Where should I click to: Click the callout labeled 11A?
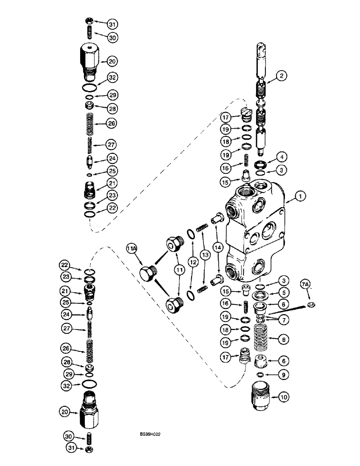click(x=131, y=250)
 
